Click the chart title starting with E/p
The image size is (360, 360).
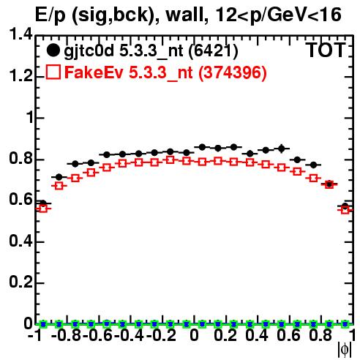188,15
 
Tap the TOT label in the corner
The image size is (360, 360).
326,50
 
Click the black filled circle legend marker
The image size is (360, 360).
53,50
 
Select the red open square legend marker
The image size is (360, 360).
53,72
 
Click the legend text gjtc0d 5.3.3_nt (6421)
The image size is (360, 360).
151,51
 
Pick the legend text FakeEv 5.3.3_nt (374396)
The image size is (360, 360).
165,72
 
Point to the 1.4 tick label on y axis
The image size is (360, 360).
20,34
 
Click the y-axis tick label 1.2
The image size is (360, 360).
20,76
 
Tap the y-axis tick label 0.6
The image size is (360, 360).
20,200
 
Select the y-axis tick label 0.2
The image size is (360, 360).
20,282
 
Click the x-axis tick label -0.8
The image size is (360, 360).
67,335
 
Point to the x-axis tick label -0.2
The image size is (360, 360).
161,335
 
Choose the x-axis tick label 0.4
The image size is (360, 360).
257,335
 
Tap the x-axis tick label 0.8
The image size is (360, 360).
320,335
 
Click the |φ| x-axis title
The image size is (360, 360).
345,350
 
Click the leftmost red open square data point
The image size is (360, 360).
43,209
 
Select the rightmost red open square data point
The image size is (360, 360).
345,209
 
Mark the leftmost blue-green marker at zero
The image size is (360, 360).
43,324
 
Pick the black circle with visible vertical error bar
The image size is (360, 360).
282,148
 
